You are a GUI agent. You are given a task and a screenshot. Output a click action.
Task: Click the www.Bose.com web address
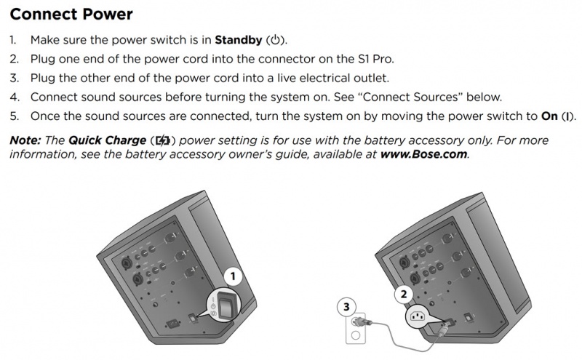point(425,154)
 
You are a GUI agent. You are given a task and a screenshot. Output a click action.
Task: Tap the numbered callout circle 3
point(347,307)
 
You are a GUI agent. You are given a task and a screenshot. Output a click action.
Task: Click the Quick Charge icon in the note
point(164,140)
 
